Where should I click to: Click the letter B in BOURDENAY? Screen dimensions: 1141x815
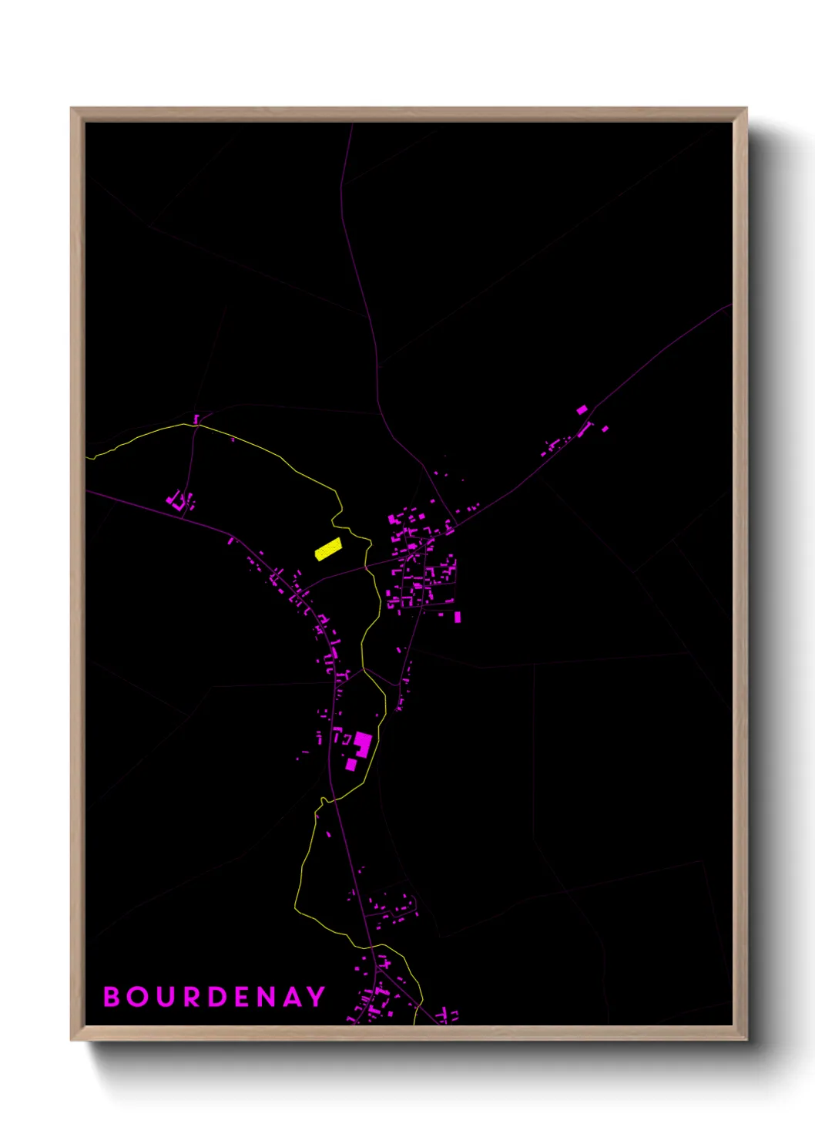coord(112,997)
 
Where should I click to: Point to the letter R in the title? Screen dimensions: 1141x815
coord(193,997)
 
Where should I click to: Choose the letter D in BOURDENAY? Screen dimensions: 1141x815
coord(219,997)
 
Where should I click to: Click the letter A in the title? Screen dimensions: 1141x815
coord(293,997)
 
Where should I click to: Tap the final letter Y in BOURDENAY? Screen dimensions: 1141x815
coord(317,997)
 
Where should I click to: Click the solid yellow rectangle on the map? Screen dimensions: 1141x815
coord(328,549)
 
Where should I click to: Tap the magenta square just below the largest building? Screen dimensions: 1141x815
coord(351,764)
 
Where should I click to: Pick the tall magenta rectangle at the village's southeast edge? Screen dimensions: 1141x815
coord(458,617)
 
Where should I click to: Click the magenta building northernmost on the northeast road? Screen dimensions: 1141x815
coord(582,410)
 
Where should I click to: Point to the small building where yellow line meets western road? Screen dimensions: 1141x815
coord(196,419)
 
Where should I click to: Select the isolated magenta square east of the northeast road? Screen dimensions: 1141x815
coord(605,429)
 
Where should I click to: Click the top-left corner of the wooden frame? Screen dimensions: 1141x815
coord(72,109)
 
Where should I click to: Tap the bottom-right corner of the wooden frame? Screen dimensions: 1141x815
coord(746,1039)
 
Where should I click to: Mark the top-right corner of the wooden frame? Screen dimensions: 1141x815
coord(746,109)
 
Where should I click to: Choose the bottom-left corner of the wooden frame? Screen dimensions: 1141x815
coord(72,1039)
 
